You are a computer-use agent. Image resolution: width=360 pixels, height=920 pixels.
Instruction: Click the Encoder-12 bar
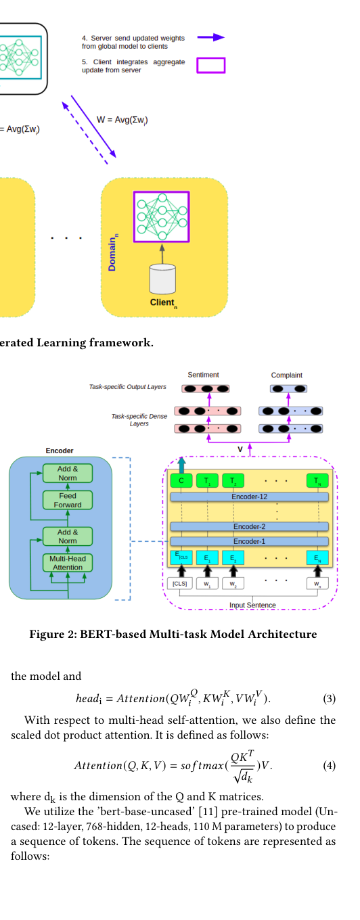pyautogui.click(x=249, y=497)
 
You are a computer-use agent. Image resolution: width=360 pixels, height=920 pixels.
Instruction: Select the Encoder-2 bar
pyautogui.click(x=249, y=526)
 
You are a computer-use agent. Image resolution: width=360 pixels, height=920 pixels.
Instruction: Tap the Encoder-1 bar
pyautogui.click(x=249, y=541)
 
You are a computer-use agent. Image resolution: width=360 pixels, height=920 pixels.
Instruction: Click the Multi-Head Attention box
pyautogui.click(x=68, y=563)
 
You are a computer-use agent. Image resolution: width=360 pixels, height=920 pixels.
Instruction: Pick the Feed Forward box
pyautogui.click(x=68, y=501)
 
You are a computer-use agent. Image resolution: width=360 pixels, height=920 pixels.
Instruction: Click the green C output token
pyautogui.click(x=181, y=480)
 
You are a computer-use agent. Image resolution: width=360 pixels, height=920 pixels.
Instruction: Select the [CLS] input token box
pyautogui.click(x=179, y=583)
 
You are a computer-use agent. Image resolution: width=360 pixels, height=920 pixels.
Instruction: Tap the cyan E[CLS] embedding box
pyautogui.click(x=181, y=557)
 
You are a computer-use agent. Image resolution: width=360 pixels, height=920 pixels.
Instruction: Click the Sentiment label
pyautogui.click(x=203, y=375)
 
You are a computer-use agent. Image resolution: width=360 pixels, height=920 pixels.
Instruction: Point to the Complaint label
pyautogui.click(x=286, y=375)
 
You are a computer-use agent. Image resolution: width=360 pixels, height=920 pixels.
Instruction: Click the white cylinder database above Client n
pyautogui.click(x=162, y=279)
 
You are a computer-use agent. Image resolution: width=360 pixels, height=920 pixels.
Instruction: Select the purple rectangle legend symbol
pyautogui.click(x=211, y=66)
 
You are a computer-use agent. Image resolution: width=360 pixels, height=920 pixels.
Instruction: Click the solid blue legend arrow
pyautogui.click(x=211, y=37)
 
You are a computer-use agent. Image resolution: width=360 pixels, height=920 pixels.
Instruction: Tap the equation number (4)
pyautogui.click(x=329, y=766)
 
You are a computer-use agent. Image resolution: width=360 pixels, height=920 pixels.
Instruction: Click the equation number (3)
pyautogui.click(x=329, y=699)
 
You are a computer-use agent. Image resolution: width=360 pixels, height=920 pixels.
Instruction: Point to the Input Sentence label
pyautogui.click(x=252, y=605)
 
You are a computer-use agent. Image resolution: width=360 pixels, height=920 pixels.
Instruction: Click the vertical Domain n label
pyautogui.click(x=112, y=252)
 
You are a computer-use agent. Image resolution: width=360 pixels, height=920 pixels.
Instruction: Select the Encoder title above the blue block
pyautogui.click(x=59, y=451)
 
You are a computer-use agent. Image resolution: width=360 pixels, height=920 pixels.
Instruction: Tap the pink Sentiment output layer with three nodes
pyautogui.click(x=206, y=388)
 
